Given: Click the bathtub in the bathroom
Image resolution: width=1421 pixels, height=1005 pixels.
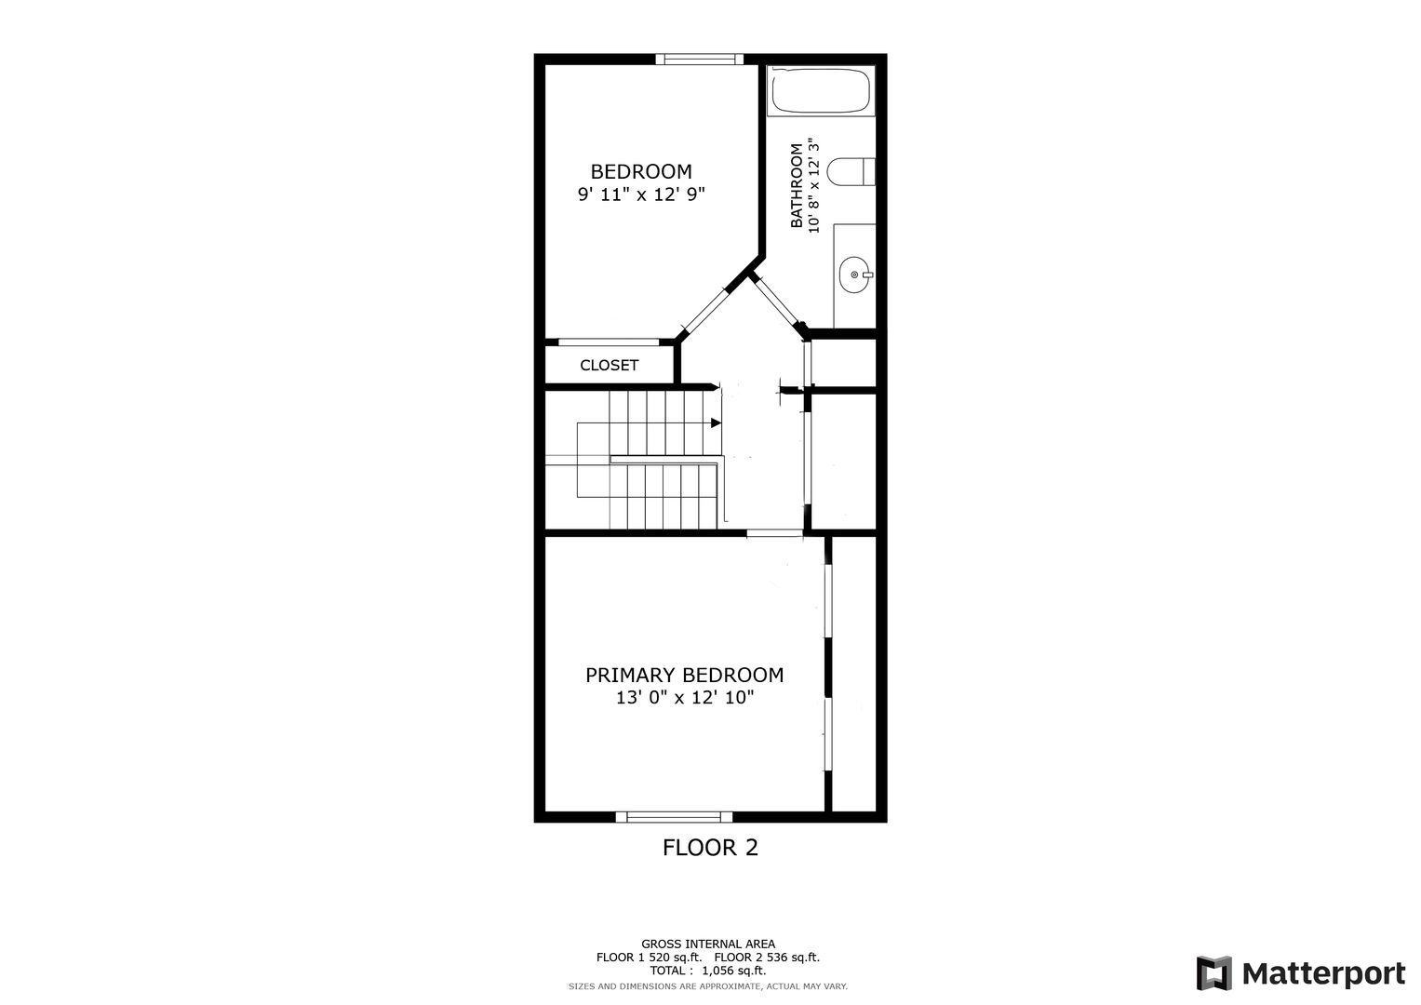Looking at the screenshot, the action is point(821,91).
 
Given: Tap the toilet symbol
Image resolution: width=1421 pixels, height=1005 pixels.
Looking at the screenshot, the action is point(851,172).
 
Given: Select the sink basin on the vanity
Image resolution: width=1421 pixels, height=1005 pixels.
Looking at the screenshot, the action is point(855,275).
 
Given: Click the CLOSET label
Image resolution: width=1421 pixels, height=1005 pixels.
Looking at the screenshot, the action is point(609,365).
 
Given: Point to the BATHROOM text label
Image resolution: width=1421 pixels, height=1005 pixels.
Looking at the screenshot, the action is point(797,185).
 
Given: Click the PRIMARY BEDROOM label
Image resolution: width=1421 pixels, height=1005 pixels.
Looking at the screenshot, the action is point(685,675).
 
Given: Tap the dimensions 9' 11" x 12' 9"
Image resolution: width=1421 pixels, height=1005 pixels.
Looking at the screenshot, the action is point(641,194).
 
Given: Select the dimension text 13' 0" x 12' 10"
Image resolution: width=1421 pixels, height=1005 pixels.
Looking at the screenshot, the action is point(685,698).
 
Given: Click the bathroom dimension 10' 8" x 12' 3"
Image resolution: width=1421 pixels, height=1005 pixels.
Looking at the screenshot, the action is point(814,185).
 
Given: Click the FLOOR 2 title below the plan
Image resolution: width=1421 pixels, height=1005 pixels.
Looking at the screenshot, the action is point(711,848).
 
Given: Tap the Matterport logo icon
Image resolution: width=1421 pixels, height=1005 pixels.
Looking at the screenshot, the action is point(1214,973).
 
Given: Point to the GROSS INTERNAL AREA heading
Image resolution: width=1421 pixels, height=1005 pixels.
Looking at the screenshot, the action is point(708,945).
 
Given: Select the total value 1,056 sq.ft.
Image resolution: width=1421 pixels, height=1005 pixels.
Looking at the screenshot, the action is point(734,971).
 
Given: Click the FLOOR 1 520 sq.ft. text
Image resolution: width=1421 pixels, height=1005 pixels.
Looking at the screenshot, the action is point(649,958).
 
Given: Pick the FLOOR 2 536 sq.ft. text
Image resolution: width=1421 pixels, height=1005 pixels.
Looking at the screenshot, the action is point(767,958).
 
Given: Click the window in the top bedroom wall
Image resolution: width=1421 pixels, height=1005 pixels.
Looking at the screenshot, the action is point(699,59).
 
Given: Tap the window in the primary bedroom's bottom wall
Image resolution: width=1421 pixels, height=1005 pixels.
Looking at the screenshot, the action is point(675,817).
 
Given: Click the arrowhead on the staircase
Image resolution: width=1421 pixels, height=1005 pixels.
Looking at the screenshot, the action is point(716,422).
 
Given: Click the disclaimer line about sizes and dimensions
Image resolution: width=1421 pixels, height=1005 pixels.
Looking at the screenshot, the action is point(708,986).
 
